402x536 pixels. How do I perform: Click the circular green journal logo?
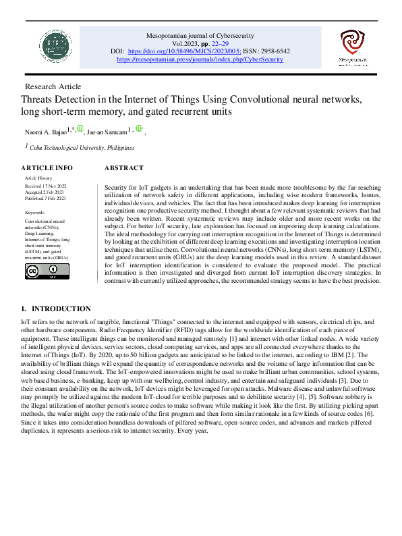coord(55,47)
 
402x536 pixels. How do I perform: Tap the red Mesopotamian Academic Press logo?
coord(351,46)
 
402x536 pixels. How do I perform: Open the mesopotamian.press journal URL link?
coord(200,59)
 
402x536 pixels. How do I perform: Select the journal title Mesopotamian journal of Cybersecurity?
coord(200,34)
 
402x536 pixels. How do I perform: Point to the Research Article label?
coord(53,86)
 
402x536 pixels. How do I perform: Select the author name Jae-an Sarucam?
coord(109,132)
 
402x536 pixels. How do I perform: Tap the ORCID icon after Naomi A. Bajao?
coord(80,129)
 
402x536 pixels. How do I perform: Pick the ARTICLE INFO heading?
coord(47,167)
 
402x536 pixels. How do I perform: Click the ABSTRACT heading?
coord(124,167)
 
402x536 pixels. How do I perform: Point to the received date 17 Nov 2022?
coord(45,184)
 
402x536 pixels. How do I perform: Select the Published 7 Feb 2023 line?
coord(45,198)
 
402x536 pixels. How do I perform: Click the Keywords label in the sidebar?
coord(34,212)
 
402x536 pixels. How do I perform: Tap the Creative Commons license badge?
coord(41,271)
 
